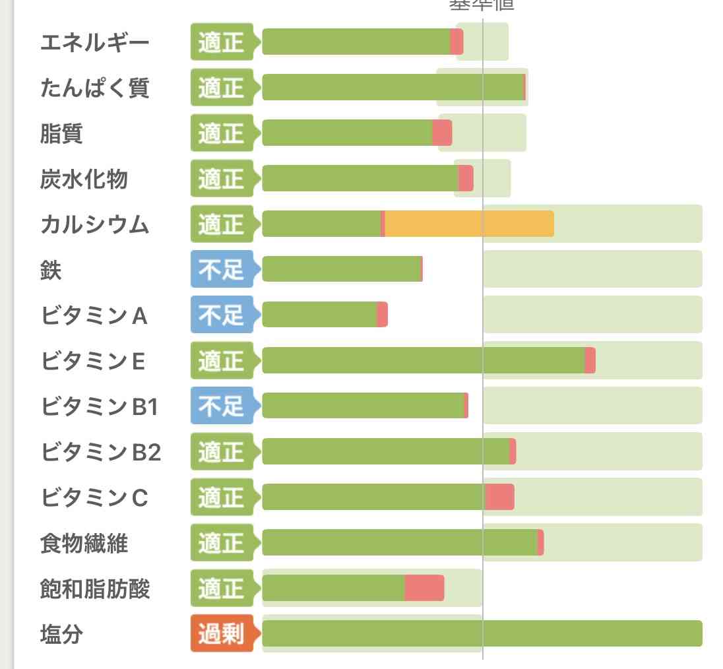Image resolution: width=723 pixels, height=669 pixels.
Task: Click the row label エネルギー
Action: (x=95, y=43)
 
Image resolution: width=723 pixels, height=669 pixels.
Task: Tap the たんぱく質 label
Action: (x=95, y=88)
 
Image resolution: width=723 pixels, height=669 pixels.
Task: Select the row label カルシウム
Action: (x=95, y=225)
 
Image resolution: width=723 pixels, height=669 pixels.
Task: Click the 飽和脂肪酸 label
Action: (x=95, y=589)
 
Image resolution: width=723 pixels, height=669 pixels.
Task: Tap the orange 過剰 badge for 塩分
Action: (x=222, y=634)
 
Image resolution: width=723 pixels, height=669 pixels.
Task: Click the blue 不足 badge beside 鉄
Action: (x=222, y=269)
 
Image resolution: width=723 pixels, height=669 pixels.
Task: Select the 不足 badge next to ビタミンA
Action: (x=222, y=315)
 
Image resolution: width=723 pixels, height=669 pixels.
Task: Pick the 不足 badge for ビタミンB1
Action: (x=222, y=406)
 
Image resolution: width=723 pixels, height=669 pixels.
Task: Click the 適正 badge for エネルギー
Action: (x=222, y=43)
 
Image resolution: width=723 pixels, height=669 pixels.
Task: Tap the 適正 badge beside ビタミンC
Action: (x=222, y=497)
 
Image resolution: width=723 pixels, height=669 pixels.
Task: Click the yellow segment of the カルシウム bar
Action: (x=469, y=224)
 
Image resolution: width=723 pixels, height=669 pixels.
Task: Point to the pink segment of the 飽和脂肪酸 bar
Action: (x=424, y=588)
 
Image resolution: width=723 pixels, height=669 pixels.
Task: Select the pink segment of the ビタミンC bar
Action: (x=499, y=497)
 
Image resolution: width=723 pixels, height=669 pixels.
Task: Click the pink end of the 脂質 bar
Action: (x=442, y=133)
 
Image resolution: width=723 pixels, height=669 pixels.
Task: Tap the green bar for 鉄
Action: (x=341, y=269)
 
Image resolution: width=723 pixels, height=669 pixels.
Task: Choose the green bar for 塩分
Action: (x=482, y=633)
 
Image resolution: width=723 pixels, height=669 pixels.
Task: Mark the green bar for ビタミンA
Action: (x=319, y=315)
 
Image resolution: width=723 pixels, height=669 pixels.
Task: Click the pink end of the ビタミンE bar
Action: (x=590, y=360)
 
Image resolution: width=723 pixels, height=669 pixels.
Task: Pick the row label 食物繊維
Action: (x=84, y=544)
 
